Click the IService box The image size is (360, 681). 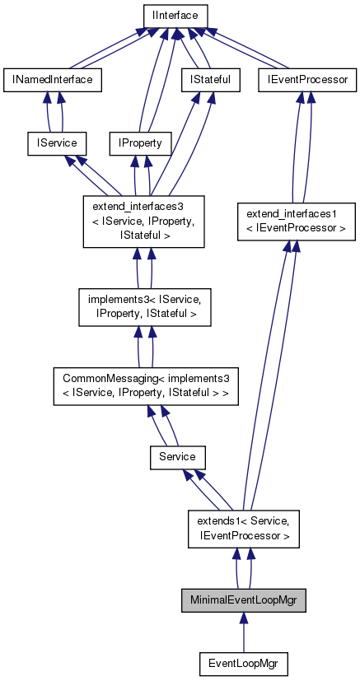pos(53,143)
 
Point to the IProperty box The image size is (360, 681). pos(140,143)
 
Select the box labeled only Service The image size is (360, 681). pos(177,456)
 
